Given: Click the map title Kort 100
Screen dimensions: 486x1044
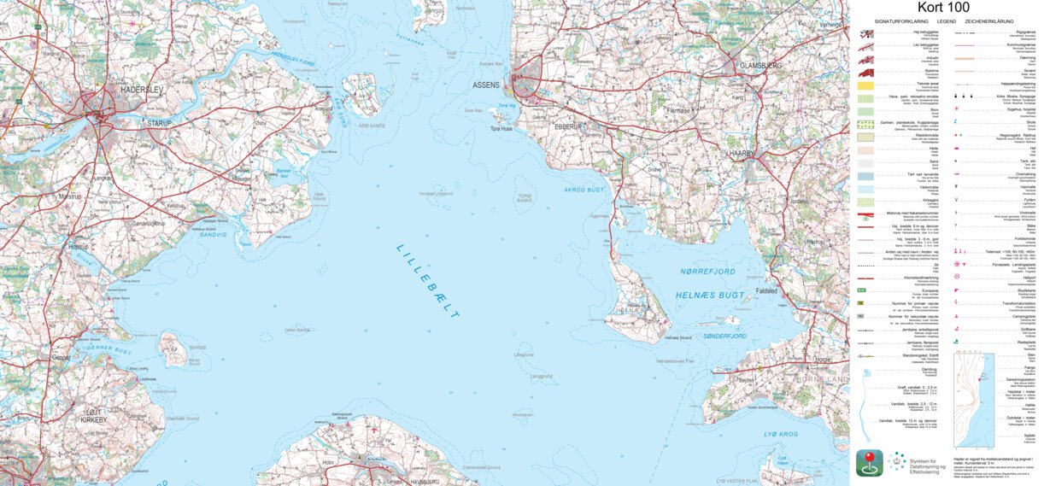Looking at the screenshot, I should click(x=946, y=8).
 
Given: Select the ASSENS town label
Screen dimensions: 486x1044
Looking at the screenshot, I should click(x=486, y=85).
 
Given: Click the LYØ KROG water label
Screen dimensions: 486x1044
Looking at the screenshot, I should click(x=781, y=434).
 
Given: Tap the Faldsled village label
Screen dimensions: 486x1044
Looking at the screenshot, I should click(x=766, y=290).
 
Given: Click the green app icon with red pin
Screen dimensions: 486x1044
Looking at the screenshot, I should click(x=869, y=463).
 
